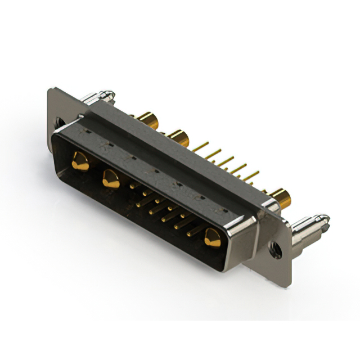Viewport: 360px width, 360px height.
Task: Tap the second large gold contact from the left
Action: coord(110,178)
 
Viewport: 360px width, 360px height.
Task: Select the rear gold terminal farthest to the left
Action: coord(148,119)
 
